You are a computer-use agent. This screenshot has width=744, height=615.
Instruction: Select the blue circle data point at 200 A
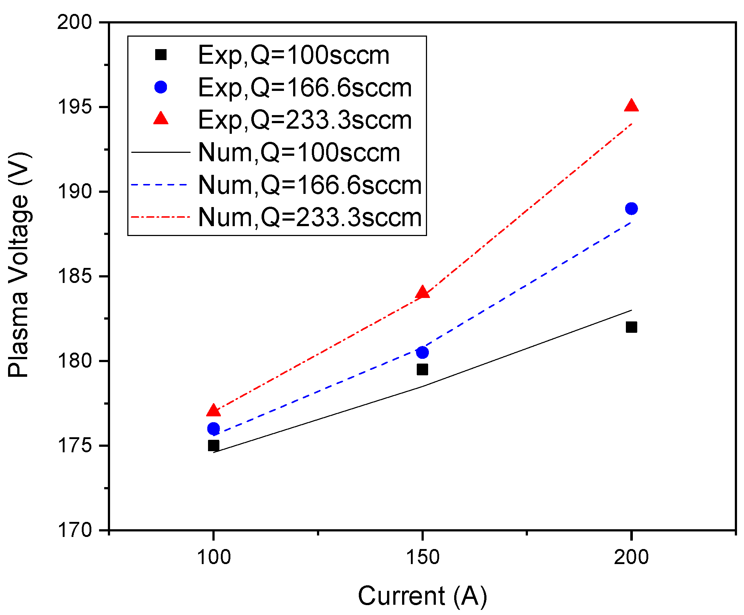(631, 209)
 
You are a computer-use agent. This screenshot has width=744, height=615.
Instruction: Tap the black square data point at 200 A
(631, 327)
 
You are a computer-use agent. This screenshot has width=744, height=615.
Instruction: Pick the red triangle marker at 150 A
(422, 292)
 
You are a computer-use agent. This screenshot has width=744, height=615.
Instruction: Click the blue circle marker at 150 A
(422, 352)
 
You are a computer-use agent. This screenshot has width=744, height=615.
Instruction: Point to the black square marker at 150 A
(422, 369)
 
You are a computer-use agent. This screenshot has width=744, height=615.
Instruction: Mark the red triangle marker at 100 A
(214, 411)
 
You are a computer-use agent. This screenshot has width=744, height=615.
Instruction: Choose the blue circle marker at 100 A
(214, 428)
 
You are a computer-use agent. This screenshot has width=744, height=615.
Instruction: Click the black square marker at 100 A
(214, 445)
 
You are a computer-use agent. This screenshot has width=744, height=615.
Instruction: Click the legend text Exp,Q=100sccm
(293, 55)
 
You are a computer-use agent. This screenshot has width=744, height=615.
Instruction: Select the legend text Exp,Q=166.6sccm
(304, 88)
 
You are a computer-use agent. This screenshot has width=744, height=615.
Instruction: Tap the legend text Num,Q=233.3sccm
(310, 217)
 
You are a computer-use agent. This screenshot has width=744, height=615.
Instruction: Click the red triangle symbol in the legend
(161, 118)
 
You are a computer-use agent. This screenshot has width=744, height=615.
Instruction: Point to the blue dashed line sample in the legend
(161, 185)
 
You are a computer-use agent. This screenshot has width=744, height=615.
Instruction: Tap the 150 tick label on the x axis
(422, 557)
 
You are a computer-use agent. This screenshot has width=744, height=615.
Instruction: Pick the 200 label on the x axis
(631, 557)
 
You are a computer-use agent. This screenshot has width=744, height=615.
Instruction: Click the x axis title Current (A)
(422, 596)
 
